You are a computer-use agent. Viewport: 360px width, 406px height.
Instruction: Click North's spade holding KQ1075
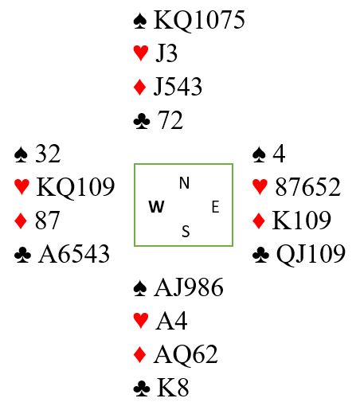click(199, 21)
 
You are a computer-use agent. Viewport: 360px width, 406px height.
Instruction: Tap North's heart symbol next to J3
click(141, 53)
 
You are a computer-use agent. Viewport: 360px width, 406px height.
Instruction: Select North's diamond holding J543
click(178, 87)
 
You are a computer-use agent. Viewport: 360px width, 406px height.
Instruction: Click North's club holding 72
click(170, 120)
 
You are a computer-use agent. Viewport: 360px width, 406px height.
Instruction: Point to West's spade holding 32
click(48, 154)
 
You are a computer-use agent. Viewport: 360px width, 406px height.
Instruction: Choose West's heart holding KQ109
click(76, 187)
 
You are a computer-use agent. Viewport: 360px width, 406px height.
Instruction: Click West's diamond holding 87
click(47, 221)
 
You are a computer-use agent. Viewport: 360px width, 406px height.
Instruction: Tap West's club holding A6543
click(74, 254)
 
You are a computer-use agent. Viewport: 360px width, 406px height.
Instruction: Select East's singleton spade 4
click(279, 154)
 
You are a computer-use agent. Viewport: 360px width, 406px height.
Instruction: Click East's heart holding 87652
click(307, 187)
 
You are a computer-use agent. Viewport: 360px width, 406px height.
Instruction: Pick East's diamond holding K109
click(302, 221)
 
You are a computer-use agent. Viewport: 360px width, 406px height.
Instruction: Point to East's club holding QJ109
click(311, 255)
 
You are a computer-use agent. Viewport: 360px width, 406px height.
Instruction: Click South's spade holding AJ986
click(189, 287)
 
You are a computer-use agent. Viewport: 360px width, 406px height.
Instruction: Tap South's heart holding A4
click(171, 321)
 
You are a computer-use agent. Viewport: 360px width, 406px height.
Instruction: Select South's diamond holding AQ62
click(186, 355)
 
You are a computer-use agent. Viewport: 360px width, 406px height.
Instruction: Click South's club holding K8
click(173, 388)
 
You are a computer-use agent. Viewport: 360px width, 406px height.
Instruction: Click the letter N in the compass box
click(184, 183)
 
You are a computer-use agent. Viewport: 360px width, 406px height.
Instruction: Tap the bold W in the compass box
click(156, 207)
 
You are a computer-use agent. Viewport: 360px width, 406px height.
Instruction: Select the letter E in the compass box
click(216, 207)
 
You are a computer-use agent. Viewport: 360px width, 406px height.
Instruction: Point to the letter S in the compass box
click(186, 231)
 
